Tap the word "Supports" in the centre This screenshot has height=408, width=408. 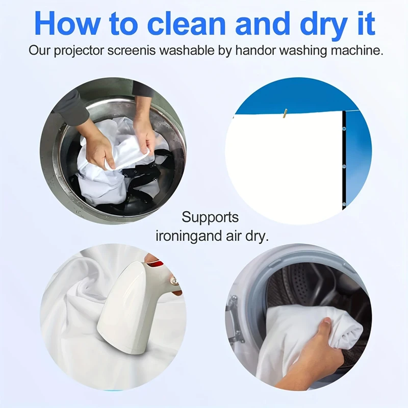pos(210,218)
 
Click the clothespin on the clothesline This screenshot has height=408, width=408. pos(286,114)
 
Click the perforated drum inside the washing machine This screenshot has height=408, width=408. pos(307,289)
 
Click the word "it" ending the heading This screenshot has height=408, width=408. pos(367,23)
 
